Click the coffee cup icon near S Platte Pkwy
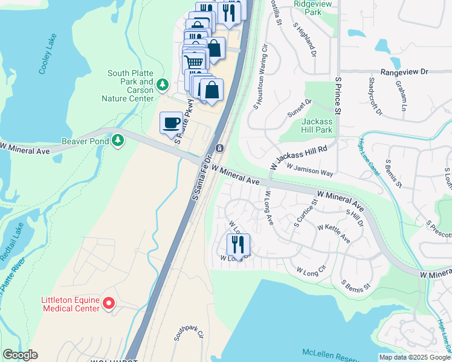170,123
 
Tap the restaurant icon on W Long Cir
238,244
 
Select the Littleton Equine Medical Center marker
109,303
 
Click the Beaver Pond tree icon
118,141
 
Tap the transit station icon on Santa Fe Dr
220,148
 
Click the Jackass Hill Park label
317,125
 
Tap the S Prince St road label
338,95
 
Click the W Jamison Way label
310,169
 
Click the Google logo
20,355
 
